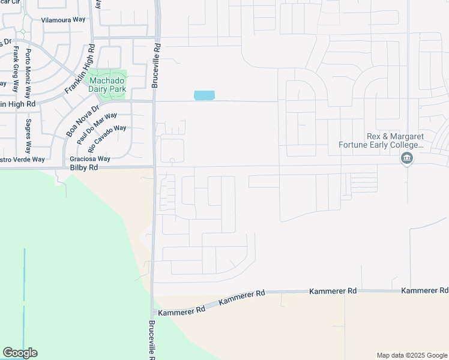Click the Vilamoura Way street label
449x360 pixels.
(x=63, y=20)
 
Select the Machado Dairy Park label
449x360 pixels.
(x=107, y=85)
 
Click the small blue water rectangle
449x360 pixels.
(x=204, y=95)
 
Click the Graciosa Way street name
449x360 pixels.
(x=90, y=159)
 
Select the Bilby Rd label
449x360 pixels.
(x=83, y=169)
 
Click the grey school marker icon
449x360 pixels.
(x=407, y=158)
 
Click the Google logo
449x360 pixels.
(x=20, y=353)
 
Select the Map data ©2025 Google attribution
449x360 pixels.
(x=412, y=355)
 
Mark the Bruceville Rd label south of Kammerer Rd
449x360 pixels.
(x=151, y=339)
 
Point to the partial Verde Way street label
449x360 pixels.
(x=22, y=160)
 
